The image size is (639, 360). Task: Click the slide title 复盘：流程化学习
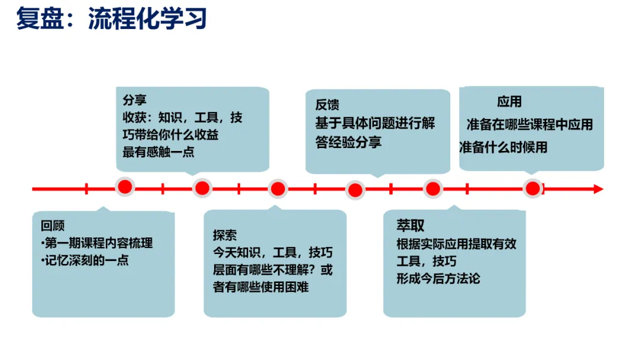click(x=111, y=19)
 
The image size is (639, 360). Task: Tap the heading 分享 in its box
click(x=134, y=100)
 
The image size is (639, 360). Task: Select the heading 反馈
click(x=327, y=105)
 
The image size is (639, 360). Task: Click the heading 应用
click(x=509, y=102)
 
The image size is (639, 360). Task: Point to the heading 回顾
click(x=53, y=226)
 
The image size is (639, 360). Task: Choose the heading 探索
click(x=225, y=235)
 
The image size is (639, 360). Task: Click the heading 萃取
click(x=410, y=226)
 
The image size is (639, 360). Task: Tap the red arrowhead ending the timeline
click(x=598, y=189)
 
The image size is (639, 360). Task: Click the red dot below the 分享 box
click(x=202, y=188)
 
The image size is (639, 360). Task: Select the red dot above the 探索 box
click(x=277, y=189)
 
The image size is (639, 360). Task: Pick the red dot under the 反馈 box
click(x=355, y=190)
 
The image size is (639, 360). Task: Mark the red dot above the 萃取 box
click(x=433, y=189)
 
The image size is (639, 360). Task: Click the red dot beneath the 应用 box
click(x=532, y=189)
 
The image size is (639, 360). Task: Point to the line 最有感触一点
click(x=158, y=152)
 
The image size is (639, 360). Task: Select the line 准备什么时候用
click(x=504, y=147)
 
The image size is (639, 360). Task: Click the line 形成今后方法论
click(x=438, y=278)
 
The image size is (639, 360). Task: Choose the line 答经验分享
click(x=348, y=142)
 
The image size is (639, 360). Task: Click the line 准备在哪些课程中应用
click(x=530, y=124)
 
